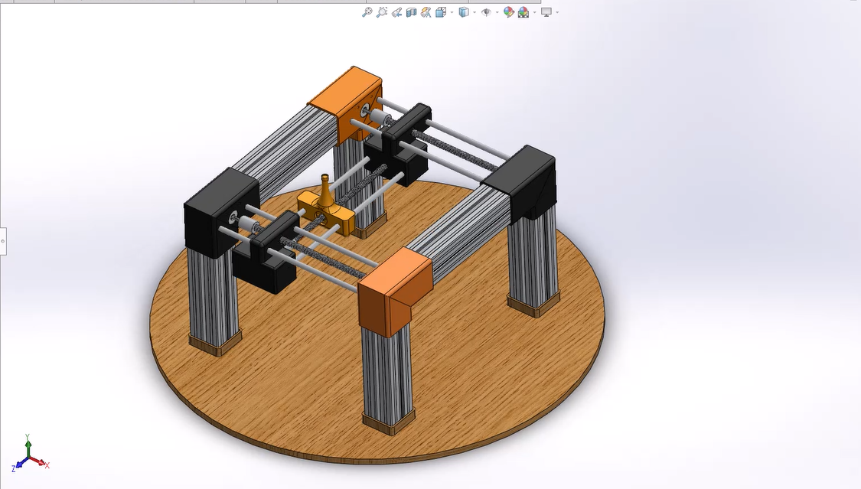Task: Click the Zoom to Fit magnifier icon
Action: [367, 12]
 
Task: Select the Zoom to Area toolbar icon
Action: [381, 12]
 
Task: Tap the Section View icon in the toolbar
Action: [412, 12]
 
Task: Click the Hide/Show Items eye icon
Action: [485, 12]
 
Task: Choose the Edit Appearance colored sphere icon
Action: [508, 12]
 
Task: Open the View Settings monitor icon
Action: [546, 12]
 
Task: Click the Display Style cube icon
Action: [463, 12]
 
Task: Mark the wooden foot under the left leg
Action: [215, 343]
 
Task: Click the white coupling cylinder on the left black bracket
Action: [247, 224]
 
